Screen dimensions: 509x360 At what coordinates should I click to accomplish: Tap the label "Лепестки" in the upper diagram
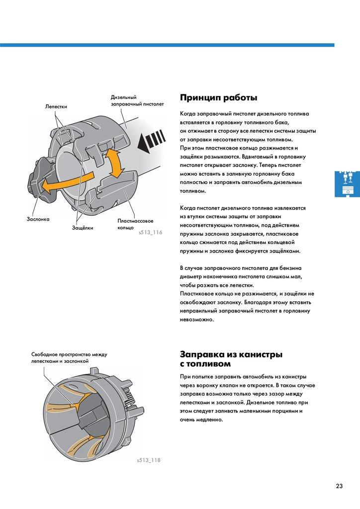pyautogui.click(x=56, y=106)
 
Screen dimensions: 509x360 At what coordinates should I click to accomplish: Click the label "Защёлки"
pyautogui.click(x=83, y=227)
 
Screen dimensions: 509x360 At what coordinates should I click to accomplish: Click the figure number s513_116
pyautogui.click(x=150, y=232)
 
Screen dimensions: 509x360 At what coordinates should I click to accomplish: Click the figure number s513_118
pyautogui.click(x=149, y=460)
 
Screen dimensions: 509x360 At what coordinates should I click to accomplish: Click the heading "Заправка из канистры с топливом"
pyautogui.click(x=231, y=359)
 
